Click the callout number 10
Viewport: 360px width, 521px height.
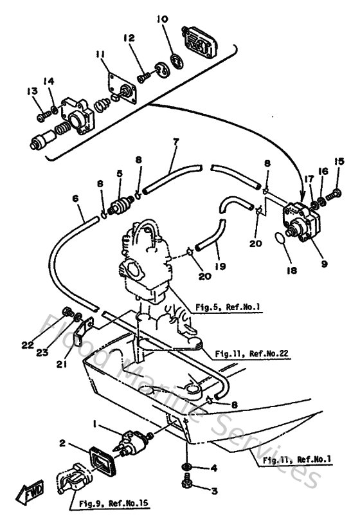pos(162,20)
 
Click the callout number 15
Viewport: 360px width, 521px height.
pos(339,161)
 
